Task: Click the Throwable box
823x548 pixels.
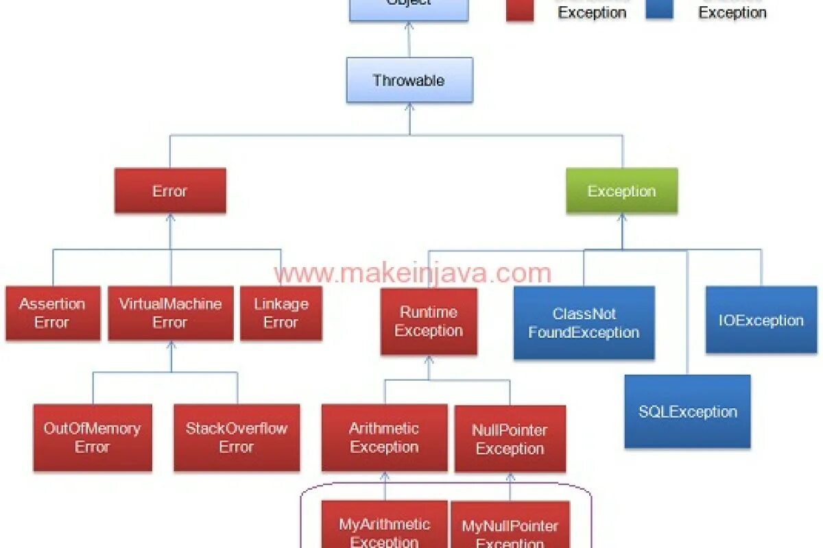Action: point(409,80)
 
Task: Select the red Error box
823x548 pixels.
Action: point(170,191)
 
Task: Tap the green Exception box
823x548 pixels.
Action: point(621,191)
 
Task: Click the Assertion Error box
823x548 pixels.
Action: point(53,313)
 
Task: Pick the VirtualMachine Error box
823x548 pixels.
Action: point(170,313)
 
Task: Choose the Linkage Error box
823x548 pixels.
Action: point(281,313)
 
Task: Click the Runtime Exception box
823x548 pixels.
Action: point(429,321)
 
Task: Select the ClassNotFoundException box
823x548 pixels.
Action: point(584,323)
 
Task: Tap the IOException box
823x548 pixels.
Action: point(761,320)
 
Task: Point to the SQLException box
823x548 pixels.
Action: point(687,412)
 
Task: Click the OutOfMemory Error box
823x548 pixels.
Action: point(93,438)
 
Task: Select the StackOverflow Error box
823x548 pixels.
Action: point(237,438)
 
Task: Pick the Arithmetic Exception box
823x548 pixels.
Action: point(384,438)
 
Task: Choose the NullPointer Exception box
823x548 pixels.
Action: point(510,439)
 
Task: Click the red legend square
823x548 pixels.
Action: point(520,10)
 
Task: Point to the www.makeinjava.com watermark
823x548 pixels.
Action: point(412,273)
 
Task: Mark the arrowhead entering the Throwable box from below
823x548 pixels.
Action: point(409,108)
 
